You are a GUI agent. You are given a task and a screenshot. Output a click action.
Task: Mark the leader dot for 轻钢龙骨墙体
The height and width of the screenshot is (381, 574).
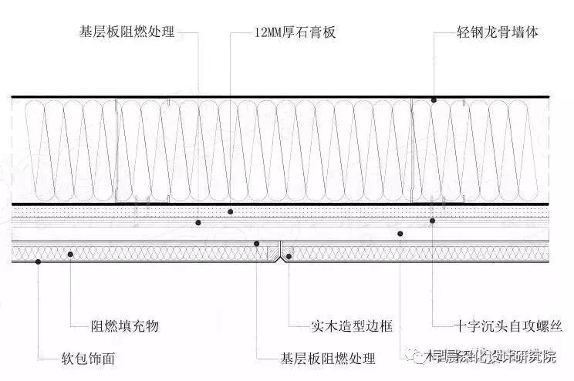pyautogui.click(x=434, y=100)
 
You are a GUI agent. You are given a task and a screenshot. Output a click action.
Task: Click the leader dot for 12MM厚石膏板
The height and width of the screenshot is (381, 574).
pyautogui.click(x=230, y=211)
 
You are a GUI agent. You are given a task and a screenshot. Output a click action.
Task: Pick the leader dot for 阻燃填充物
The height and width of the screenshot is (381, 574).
pyautogui.click(x=70, y=254)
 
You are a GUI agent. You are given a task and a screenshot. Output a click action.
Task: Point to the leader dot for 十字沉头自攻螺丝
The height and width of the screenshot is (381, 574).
pyautogui.click(x=433, y=221)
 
